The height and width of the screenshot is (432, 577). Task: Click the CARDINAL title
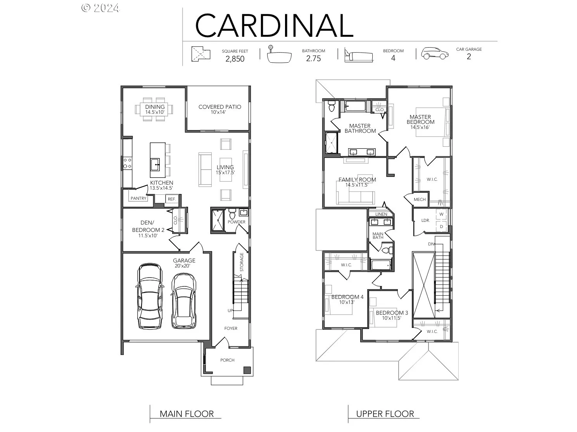tap(274, 25)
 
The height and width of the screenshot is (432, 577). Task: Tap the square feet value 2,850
tap(235, 59)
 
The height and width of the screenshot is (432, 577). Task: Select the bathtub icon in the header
tap(279, 55)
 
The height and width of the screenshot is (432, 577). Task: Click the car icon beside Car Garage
tap(435, 53)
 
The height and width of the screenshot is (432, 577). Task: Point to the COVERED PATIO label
tap(219, 107)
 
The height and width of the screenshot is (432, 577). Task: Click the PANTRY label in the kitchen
tap(138, 198)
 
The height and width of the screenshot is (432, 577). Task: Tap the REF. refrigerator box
tap(171, 199)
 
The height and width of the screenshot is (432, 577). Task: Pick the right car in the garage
tap(183, 301)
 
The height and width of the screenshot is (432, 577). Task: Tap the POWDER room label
tap(237, 222)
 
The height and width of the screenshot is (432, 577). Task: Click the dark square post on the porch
tap(247, 370)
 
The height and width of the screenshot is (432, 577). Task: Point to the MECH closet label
tap(420, 199)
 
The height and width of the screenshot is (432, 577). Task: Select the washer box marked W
tap(441, 214)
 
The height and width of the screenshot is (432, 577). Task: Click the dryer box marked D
tap(441, 226)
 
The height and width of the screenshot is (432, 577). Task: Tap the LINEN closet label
tap(381, 214)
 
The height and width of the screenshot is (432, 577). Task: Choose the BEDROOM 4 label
tap(347, 297)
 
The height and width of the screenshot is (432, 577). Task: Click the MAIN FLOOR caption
tap(187, 414)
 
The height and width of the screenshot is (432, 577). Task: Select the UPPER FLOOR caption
tap(385, 414)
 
